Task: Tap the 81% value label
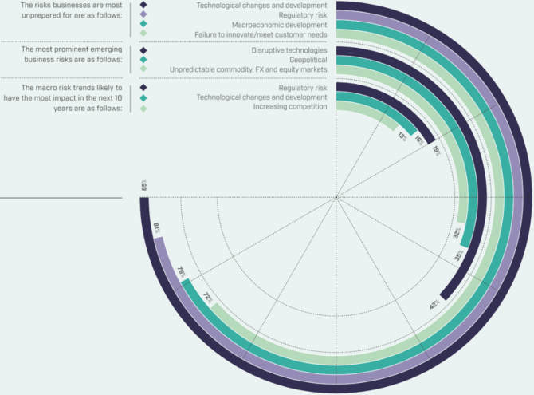[x=157, y=228]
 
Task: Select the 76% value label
[x=181, y=271]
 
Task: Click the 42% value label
[x=434, y=303]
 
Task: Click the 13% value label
[x=402, y=136]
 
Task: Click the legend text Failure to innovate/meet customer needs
[x=261, y=34]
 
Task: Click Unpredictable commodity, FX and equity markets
[x=249, y=69]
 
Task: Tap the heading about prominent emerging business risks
[x=65, y=54]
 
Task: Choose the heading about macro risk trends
[x=65, y=96]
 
